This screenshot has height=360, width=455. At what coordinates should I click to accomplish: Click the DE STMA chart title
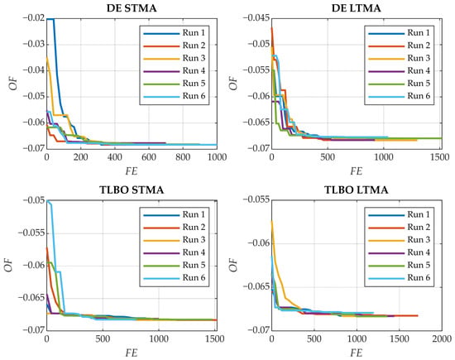pyautogui.click(x=132, y=8)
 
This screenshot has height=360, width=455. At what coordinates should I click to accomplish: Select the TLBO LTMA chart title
pyautogui.click(x=356, y=190)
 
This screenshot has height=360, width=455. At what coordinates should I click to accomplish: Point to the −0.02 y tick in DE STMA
pyautogui.click(x=33, y=18)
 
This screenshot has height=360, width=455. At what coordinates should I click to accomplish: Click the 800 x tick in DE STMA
pyautogui.click(x=183, y=157)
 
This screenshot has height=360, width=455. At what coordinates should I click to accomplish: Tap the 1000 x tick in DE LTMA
pyautogui.click(x=384, y=157)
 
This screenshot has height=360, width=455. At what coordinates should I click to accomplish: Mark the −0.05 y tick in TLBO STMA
pyautogui.click(x=33, y=200)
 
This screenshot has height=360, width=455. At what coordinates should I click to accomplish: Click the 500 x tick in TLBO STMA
pyautogui.click(x=103, y=338)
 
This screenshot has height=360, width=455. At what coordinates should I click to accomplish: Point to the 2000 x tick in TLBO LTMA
pyautogui.click(x=442, y=338)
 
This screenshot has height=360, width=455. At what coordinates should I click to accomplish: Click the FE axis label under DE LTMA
pyautogui.click(x=356, y=171)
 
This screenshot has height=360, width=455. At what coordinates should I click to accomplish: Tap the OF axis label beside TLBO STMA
pyautogui.click(x=9, y=265)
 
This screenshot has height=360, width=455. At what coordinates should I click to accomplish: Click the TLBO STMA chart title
pyautogui.click(x=132, y=190)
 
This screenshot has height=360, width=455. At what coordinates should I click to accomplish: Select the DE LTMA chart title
pyautogui.click(x=356, y=8)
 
